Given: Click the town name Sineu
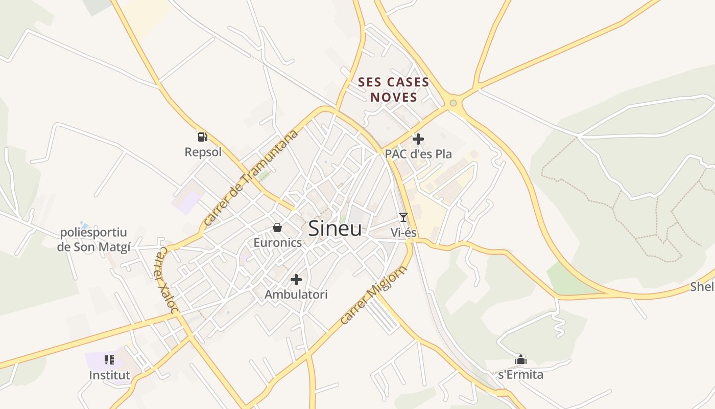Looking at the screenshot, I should (335, 229).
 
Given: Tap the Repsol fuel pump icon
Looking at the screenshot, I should (203, 137).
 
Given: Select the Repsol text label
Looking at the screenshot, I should (203, 152).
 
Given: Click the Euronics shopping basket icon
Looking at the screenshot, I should (277, 227).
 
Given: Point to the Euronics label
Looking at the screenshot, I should (278, 242).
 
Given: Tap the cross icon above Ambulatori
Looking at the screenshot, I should (296, 280).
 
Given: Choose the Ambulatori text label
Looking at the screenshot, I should (296, 294).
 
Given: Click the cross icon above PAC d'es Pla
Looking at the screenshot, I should (418, 139).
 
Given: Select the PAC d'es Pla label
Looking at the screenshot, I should (418, 153).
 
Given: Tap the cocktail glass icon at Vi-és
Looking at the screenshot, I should (403, 217).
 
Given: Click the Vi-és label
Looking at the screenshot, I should (403, 232).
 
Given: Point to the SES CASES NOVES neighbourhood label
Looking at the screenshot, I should (393, 89).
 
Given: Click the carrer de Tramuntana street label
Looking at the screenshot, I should (250, 178).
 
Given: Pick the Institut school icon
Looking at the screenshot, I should (109, 360).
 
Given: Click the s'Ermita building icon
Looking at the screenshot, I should (521, 360).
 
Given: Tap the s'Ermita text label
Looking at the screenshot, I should (521, 375).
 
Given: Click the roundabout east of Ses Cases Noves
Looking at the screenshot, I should (453, 104).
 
